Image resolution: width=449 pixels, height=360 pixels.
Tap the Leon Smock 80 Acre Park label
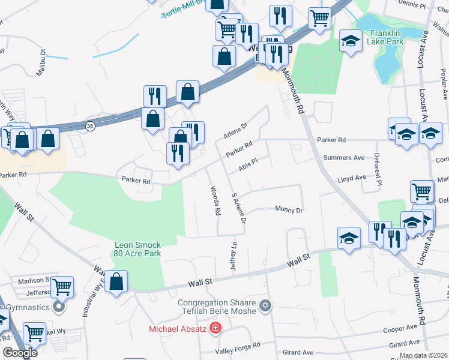139,249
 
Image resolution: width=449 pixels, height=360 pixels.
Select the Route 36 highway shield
90,126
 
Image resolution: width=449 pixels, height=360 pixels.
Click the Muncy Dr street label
289,210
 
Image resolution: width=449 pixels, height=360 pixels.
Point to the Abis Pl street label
248,165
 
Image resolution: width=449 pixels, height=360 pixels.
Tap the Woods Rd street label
215,200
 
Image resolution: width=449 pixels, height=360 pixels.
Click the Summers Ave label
344,158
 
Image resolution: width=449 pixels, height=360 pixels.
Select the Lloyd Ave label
351,178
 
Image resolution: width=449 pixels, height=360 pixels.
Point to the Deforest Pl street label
376,163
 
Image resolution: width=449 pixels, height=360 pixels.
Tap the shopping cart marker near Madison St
62,287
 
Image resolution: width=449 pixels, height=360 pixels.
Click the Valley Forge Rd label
238,346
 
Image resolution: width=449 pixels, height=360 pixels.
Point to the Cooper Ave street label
400,329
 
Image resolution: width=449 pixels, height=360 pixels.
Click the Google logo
19,352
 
